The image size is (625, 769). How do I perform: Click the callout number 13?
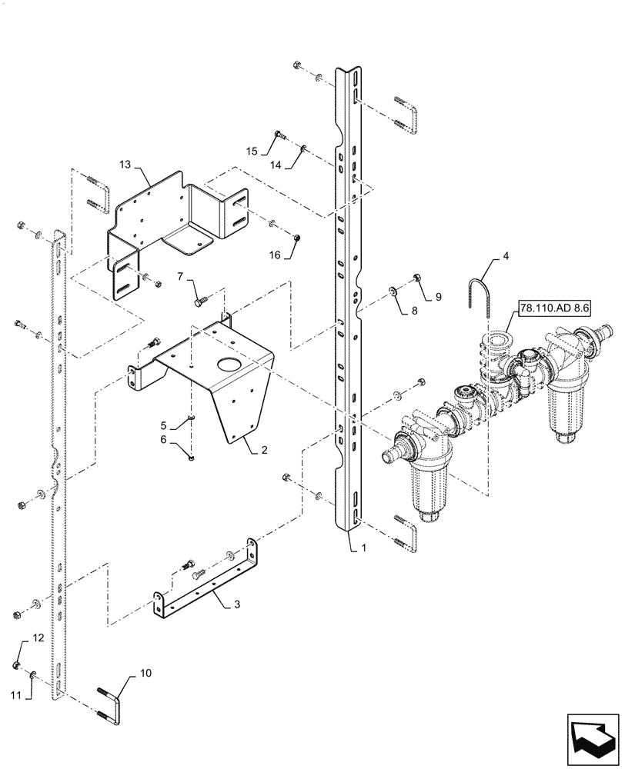125,165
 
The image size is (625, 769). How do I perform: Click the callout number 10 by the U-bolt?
147,673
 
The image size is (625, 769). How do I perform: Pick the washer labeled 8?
393,291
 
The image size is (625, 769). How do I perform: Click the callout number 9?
438,296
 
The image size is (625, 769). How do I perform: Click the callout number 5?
163,424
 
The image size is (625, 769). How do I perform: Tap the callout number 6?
163,439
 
